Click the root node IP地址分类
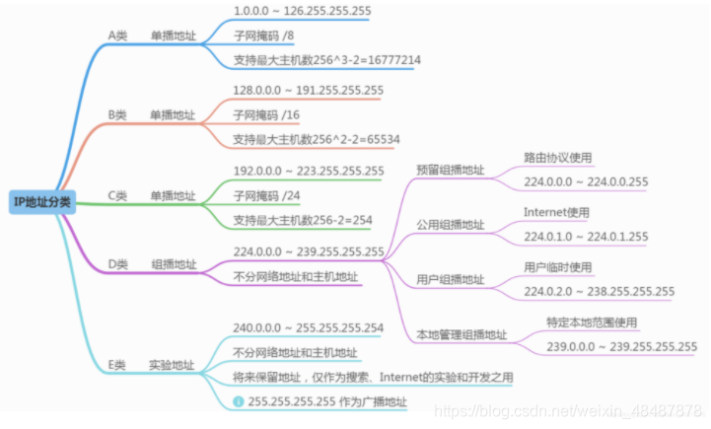(41, 202)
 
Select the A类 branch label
(117, 36)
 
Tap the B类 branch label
(117, 114)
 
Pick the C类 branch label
(117, 195)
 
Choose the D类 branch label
(117, 264)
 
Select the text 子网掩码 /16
(266, 114)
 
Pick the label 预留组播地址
(451, 170)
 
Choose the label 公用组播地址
(451, 225)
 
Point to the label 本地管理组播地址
(462, 335)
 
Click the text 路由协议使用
(558, 157)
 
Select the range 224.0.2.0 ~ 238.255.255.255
(599, 291)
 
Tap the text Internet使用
(556, 212)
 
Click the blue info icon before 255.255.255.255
(238, 401)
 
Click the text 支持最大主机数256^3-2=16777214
(327, 59)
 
